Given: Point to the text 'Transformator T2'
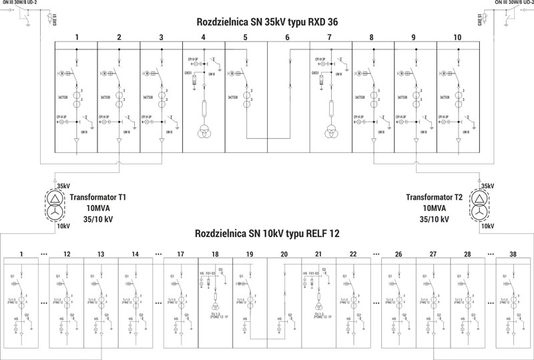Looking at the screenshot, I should (x=435, y=197).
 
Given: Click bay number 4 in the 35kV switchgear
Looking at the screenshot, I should (x=203, y=37).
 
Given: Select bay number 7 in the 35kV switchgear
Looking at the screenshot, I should (x=330, y=37).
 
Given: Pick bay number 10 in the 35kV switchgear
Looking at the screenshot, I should (x=457, y=37).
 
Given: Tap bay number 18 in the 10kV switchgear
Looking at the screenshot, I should (x=214, y=254).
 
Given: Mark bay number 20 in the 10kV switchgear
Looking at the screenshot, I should (x=284, y=254).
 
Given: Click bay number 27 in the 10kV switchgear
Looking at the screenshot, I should (x=433, y=254).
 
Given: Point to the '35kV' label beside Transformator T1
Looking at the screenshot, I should (x=64, y=186).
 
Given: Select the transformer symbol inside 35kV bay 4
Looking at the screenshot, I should (x=203, y=131).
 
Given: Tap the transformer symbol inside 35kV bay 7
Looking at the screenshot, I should (x=330, y=131).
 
